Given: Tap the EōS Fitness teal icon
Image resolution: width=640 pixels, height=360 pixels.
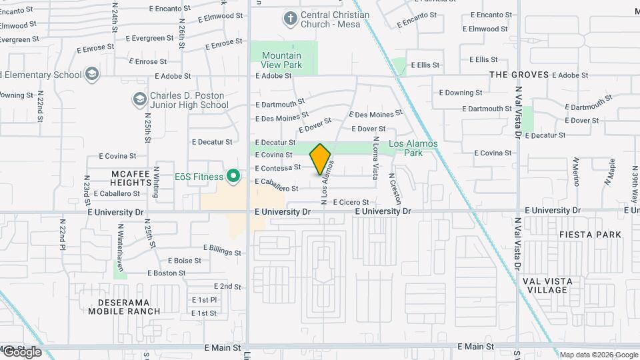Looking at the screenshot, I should coord(233,177).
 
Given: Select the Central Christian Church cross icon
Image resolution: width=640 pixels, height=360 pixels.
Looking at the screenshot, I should coord(290,18).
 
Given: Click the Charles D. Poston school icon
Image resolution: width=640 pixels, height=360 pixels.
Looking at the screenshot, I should coord(139,99).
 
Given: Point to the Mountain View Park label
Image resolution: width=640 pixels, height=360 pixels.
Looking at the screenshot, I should coord(281,60).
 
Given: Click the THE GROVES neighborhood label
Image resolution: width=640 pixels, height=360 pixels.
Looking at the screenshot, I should coord(519,75).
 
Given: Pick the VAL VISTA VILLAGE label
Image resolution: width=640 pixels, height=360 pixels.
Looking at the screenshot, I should coord(545,285).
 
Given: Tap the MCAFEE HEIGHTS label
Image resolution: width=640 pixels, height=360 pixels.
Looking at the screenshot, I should coord(132,177).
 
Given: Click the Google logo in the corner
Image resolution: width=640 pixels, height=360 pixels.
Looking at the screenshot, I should coord(21,353).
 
